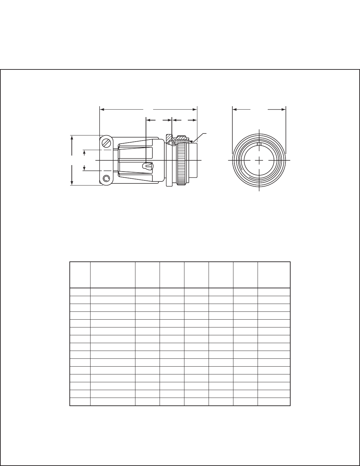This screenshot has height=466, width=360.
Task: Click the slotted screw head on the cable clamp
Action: pos(107,143)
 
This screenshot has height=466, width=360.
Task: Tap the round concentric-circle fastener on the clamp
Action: pos(107,178)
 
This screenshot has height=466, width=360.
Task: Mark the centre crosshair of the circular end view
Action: pos(259,160)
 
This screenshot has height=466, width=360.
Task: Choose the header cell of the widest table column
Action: pos(113,275)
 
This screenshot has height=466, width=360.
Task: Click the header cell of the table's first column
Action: pos(80,275)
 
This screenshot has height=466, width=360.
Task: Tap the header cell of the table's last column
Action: pos(274,275)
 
